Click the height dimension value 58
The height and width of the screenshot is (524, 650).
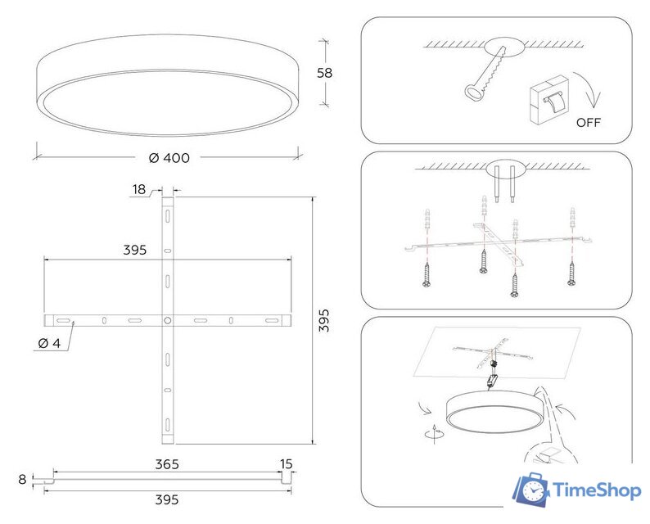click(325, 72)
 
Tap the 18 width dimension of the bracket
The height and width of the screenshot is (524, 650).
click(138, 190)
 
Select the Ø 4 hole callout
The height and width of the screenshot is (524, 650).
click(49, 343)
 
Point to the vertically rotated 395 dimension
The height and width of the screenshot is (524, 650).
click(324, 320)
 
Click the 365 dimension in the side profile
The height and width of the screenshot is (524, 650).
click(166, 464)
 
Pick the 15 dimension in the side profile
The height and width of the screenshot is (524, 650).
click(286, 464)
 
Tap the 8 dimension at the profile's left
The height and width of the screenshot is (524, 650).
click(21, 479)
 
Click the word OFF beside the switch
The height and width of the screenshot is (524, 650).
click(589, 123)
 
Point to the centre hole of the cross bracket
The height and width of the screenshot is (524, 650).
click(167, 320)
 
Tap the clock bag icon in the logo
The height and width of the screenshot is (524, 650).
click(530, 490)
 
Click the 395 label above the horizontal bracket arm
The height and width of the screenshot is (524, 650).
click(135, 251)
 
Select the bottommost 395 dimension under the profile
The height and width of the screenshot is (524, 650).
click(166, 499)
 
